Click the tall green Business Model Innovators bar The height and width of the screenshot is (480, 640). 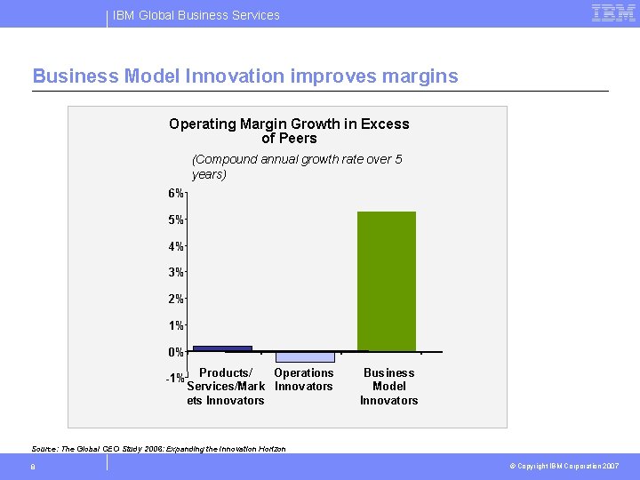[x=387, y=281]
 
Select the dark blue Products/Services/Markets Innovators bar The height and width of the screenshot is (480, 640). [x=222, y=348]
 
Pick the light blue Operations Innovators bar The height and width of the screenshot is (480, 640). [x=305, y=356]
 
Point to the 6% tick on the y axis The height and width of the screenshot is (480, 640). [x=175, y=194]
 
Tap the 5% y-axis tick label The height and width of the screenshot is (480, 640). [x=175, y=220]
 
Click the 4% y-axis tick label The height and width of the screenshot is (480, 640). [x=175, y=246]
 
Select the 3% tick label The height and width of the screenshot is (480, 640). [x=175, y=272]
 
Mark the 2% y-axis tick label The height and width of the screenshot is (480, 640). [x=175, y=299]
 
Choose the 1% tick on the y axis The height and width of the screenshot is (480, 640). [x=175, y=325]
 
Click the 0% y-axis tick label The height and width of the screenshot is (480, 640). [x=175, y=352]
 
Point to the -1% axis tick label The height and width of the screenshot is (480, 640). [x=174, y=379]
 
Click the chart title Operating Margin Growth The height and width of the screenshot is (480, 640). [x=289, y=131]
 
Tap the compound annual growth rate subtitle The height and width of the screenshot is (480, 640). [x=297, y=166]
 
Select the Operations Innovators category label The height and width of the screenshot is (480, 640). [x=304, y=380]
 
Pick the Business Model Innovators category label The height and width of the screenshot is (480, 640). [x=388, y=387]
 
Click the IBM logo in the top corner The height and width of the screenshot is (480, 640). [x=613, y=13]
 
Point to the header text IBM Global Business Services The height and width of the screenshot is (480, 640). [x=196, y=15]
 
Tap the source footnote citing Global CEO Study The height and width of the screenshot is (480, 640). [x=158, y=449]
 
